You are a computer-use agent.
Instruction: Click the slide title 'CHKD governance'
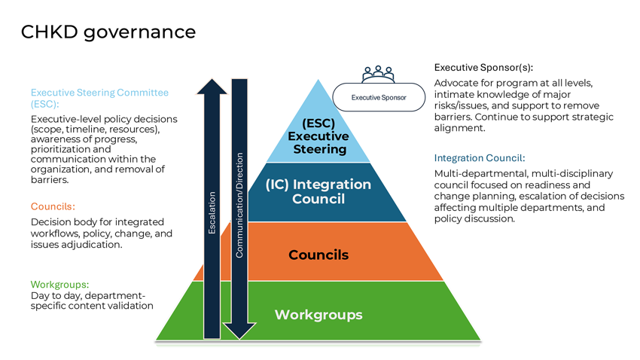108,32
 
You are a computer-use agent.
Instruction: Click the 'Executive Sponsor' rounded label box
379,98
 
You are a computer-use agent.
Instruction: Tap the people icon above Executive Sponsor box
378,74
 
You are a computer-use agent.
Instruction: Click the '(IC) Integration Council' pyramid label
318,191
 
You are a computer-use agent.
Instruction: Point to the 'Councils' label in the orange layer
318,255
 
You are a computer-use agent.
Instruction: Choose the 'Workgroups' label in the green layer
318,314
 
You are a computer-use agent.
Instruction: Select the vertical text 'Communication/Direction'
239,205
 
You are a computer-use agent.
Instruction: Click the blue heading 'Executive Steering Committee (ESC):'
99,98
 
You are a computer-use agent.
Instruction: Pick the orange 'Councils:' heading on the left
53,206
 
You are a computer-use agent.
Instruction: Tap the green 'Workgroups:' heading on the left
59,284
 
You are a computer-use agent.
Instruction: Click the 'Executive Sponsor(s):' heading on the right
489,67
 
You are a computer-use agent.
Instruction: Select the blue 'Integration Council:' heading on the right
480,158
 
